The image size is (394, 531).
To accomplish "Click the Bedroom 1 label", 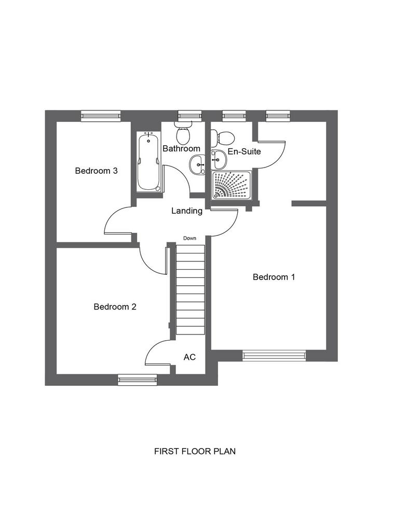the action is (274, 277).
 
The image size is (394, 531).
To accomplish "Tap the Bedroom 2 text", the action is (115, 307).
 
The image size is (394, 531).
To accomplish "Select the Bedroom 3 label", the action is (97, 171).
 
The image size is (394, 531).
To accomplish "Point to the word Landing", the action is (187, 211).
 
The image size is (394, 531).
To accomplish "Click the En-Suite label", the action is (244, 151).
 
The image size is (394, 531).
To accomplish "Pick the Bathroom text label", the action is (181, 148).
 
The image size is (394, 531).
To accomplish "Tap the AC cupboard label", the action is (189, 357).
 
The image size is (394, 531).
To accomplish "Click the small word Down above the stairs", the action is (189, 238).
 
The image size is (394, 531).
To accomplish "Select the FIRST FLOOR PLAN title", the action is (195, 452).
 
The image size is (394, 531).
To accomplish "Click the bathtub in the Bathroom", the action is (148, 162).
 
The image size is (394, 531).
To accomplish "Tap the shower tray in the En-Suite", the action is (232, 185).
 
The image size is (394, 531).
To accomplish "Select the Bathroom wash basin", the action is (198, 165).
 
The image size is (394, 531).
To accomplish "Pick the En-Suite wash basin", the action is (219, 160).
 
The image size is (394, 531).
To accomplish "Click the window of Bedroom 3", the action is (101, 116).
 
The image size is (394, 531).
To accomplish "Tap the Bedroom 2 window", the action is (138, 380).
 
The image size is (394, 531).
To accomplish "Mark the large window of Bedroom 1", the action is (274, 356).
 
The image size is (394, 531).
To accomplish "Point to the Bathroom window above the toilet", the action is (190, 116).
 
